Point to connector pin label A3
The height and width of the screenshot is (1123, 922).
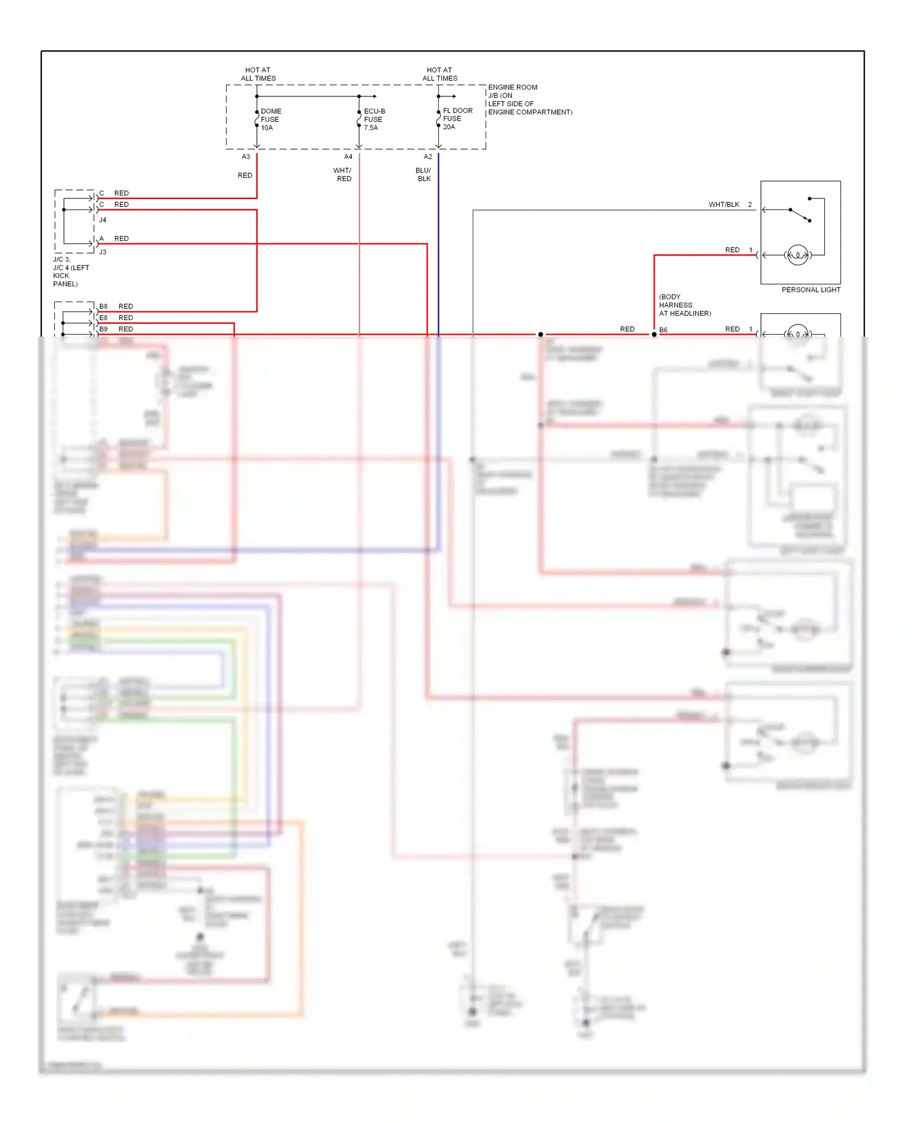click(246, 157)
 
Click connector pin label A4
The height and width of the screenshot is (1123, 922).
click(348, 157)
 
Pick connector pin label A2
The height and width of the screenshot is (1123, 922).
click(428, 157)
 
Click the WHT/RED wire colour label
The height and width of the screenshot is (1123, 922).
click(342, 174)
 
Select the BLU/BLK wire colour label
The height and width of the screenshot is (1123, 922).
click(424, 174)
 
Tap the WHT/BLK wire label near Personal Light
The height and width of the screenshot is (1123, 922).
click(723, 205)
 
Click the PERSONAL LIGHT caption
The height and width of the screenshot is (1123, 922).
click(810, 289)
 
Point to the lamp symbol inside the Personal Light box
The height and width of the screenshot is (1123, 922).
click(797, 254)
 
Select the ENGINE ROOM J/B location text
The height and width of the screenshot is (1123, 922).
click(529, 100)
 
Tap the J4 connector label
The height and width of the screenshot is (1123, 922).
click(103, 220)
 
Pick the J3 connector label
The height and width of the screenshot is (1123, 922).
click(103, 252)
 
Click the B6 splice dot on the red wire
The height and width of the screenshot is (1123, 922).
click(654, 334)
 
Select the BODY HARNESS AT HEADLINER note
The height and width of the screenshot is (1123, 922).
click(684, 305)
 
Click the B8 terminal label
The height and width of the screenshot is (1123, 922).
click(103, 306)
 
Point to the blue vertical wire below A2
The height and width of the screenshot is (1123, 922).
click(438, 246)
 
